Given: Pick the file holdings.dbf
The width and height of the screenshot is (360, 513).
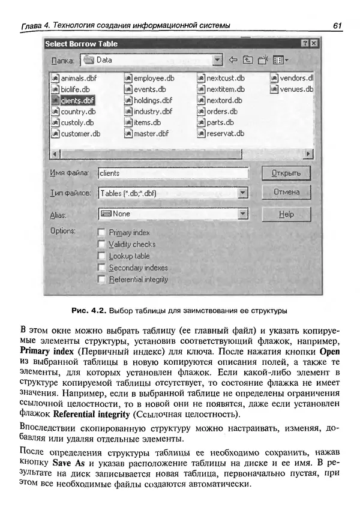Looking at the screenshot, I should click(152, 100).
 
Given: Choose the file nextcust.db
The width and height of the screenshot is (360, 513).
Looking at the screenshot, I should click(225, 78).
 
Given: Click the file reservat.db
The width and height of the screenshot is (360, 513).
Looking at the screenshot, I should click(224, 134).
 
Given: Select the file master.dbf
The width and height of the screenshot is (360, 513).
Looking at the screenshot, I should click(151, 134).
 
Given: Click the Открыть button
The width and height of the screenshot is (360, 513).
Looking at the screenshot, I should click(286, 173).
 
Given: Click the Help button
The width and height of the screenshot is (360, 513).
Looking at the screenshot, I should click(286, 214).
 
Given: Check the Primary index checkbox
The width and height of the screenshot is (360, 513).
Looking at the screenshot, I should click(101, 232).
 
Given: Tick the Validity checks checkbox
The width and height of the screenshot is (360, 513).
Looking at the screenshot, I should click(101, 244).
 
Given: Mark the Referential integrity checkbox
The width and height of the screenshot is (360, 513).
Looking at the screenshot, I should click(101, 279).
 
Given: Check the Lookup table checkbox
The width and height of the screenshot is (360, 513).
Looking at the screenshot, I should click(101, 256).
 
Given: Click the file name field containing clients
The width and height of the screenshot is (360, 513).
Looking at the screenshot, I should click(173, 173).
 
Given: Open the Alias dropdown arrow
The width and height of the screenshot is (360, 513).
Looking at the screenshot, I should click(242, 214).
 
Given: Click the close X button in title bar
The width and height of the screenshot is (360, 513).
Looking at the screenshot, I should click(314, 44).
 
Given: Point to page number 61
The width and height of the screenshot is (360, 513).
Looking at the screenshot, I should click(336, 25).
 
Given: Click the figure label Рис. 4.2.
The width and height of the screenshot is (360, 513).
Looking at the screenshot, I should click(89, 311).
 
